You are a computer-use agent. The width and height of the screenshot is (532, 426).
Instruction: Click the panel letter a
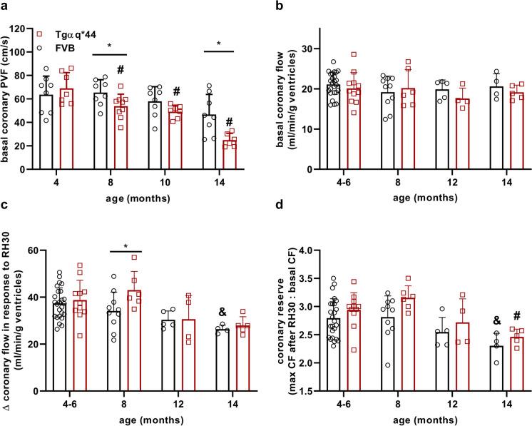(5, 6)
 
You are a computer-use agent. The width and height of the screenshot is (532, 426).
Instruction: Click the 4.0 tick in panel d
(296, 250)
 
